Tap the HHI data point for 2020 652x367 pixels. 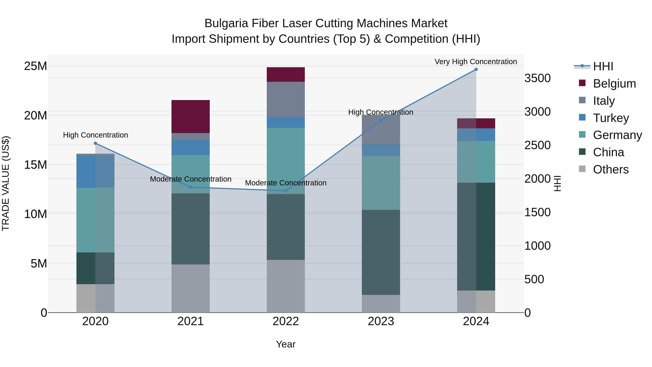pyautogui.click(x=95, y=143)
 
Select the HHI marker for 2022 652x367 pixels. pyautogui.click(x=286, y=191)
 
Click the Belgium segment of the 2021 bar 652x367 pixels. pyautogui.click(x=190, y=117)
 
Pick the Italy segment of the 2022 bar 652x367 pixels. pyautogui.click(x=286, y=99)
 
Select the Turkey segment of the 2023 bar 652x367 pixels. pyautogui.click(x=381, y=150)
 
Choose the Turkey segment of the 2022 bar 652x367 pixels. pyautogui.click(x=286, y=122)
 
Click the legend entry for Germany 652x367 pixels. pyautogui.click(x=617, y=135)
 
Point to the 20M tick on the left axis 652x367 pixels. pyautogui.click(x=35, y=115)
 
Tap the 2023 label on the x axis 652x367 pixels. pyautogui.click(x=381, y=321)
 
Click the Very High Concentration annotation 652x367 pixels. pyautogui.click(x=476, y=62)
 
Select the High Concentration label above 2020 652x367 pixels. pyautogui.click(x=95, y=135)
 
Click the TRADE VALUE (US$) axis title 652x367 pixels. pyautogui.click(x=6, y=183)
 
